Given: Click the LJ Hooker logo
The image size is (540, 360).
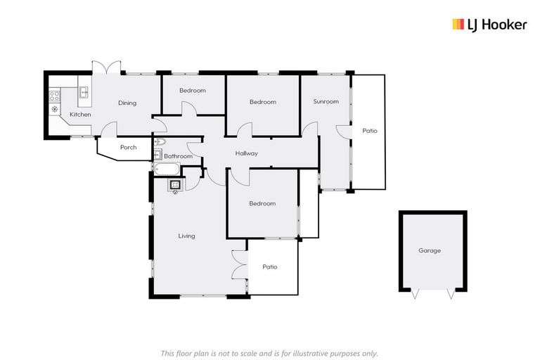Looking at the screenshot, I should (489, 25).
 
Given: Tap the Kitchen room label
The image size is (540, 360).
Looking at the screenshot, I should (80, 115).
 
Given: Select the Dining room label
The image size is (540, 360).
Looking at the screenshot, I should (127, 103).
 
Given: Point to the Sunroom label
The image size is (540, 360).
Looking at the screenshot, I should (326, 102).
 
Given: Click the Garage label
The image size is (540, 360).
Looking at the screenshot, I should (430, 250).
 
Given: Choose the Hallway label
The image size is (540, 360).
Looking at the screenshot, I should (246, 153).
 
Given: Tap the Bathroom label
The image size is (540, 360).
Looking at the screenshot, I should (178, 156).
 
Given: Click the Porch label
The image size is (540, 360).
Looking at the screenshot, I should (128, 148).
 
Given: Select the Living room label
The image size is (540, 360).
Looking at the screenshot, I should (186, 236).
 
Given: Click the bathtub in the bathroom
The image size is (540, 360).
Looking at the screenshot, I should (167, 169).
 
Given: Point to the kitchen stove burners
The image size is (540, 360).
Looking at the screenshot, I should (55, 96).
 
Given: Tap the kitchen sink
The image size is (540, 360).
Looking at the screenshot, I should (83, 92).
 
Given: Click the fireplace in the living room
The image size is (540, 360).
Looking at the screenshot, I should (175, 185).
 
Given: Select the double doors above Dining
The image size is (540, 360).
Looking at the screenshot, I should (107, 67).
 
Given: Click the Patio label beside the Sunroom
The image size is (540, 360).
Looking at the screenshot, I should (370, 131).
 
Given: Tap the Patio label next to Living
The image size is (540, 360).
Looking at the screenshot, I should (270, 267).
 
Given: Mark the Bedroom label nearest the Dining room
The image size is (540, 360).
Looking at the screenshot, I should (192, 91).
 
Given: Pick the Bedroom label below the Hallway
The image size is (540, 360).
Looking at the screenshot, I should (262, 204).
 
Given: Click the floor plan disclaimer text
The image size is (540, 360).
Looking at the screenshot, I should (269, 353).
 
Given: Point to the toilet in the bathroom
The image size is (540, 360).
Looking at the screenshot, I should (158, 142).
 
